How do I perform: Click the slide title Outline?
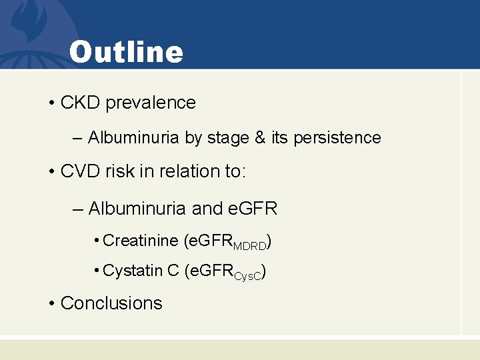[125, 52]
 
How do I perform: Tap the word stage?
[228, 138]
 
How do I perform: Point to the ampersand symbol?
[261, 138]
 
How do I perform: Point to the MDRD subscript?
[252, 245]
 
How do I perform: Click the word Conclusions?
[111, 303]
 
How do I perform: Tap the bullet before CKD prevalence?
[51, 103]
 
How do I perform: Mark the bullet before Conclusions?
[51, 303]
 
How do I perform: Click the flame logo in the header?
[30, 27]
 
